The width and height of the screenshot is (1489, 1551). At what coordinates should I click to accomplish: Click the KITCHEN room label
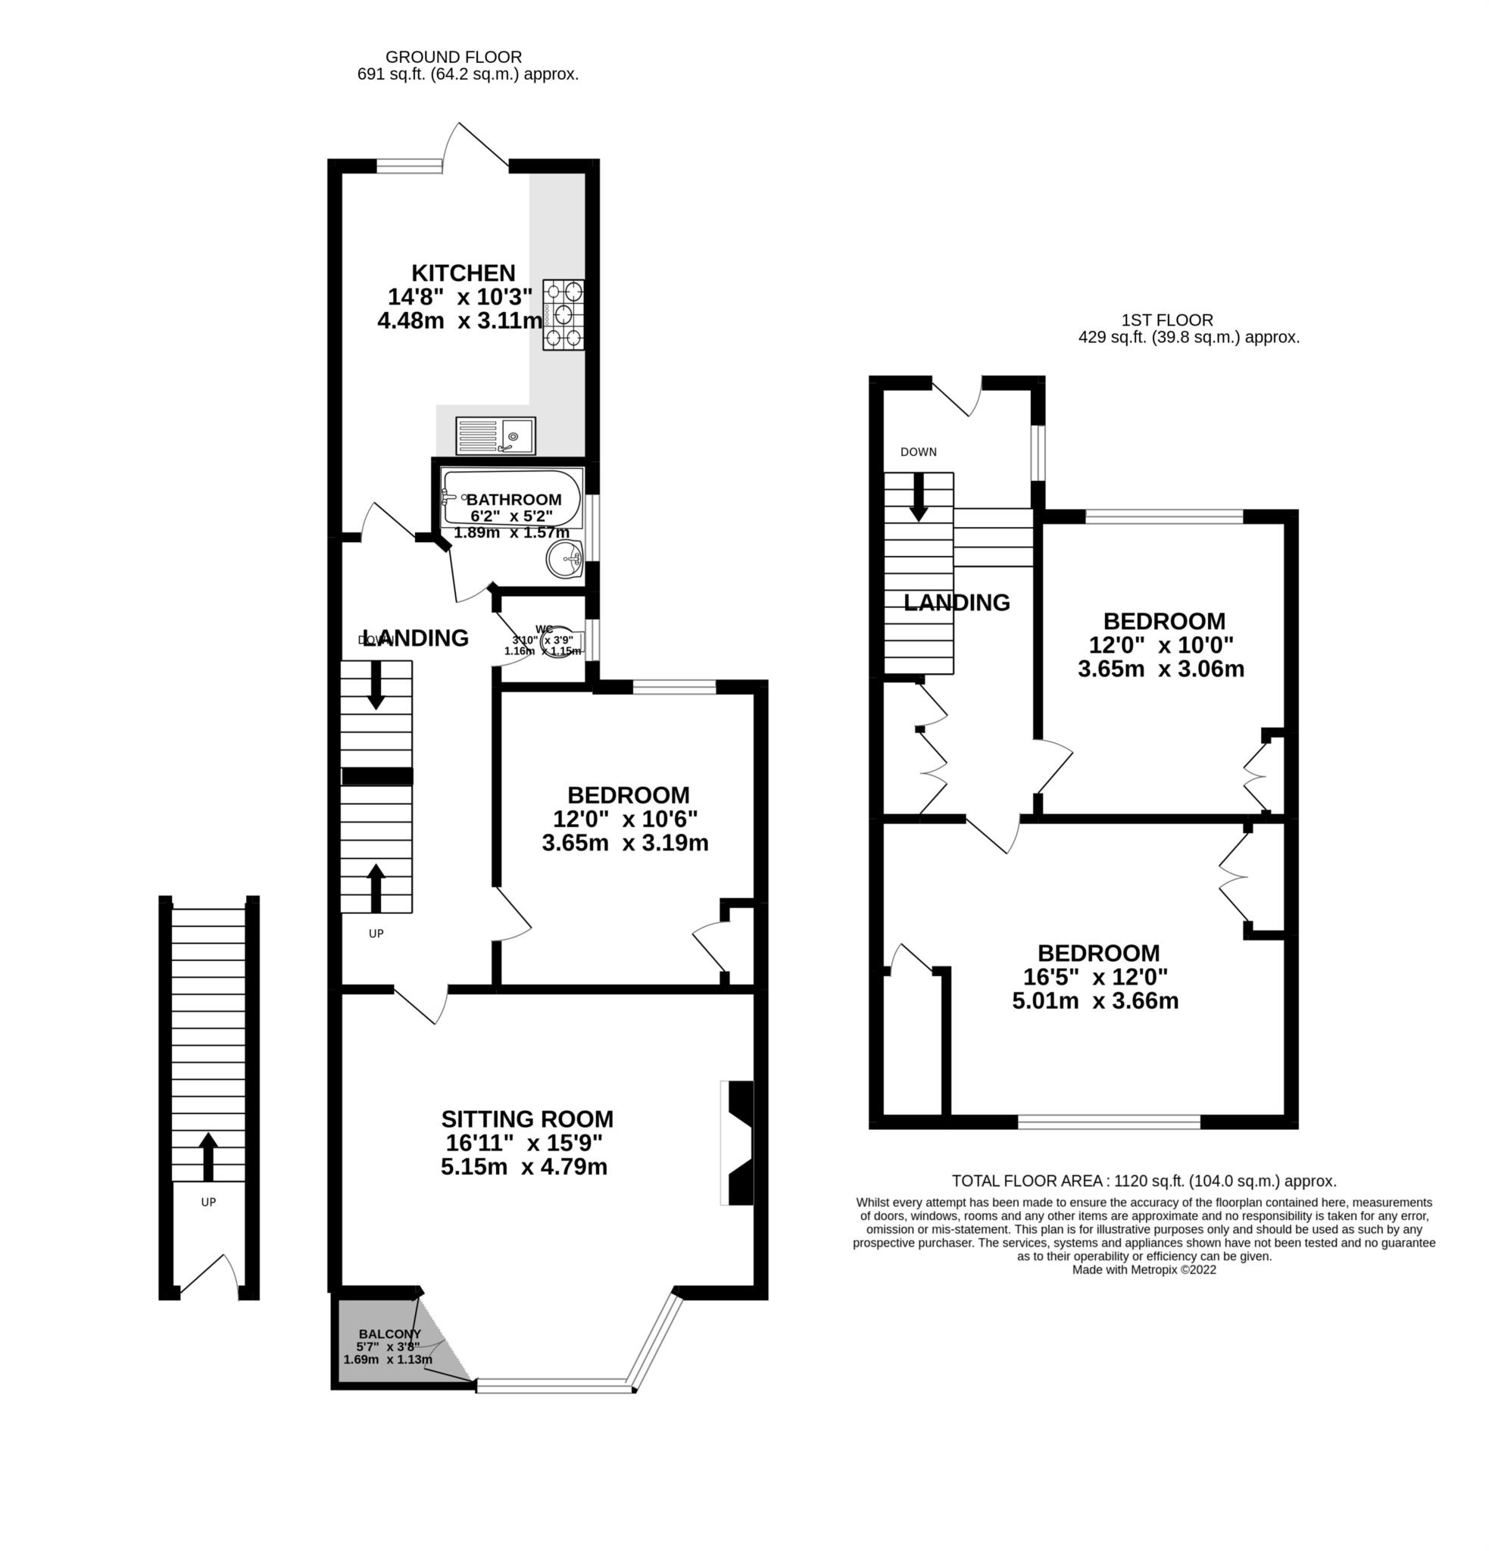(x=463, y=273)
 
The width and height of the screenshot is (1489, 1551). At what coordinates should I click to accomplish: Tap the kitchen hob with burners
(x=563, y=315)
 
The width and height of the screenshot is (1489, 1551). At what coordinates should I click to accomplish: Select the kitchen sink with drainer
(x=495, y=436)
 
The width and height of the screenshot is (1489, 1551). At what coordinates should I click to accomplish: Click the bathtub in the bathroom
(x=511, y=498)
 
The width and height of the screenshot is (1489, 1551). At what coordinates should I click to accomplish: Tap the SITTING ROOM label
(x=527, y=1119)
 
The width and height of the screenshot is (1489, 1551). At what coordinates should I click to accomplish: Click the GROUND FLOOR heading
(x=454, y=57)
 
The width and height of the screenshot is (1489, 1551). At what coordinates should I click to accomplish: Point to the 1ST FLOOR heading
(x=1167, y=320)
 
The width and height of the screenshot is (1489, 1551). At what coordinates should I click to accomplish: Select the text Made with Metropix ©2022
(x=1143, y=1269)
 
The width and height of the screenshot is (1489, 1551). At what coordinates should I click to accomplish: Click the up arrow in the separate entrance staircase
(x=208, y=1156)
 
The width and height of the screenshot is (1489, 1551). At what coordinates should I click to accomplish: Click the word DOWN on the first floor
(x=918, y=452)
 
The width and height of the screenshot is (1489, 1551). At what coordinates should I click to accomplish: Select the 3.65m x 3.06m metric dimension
(x=1160, y=669)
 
